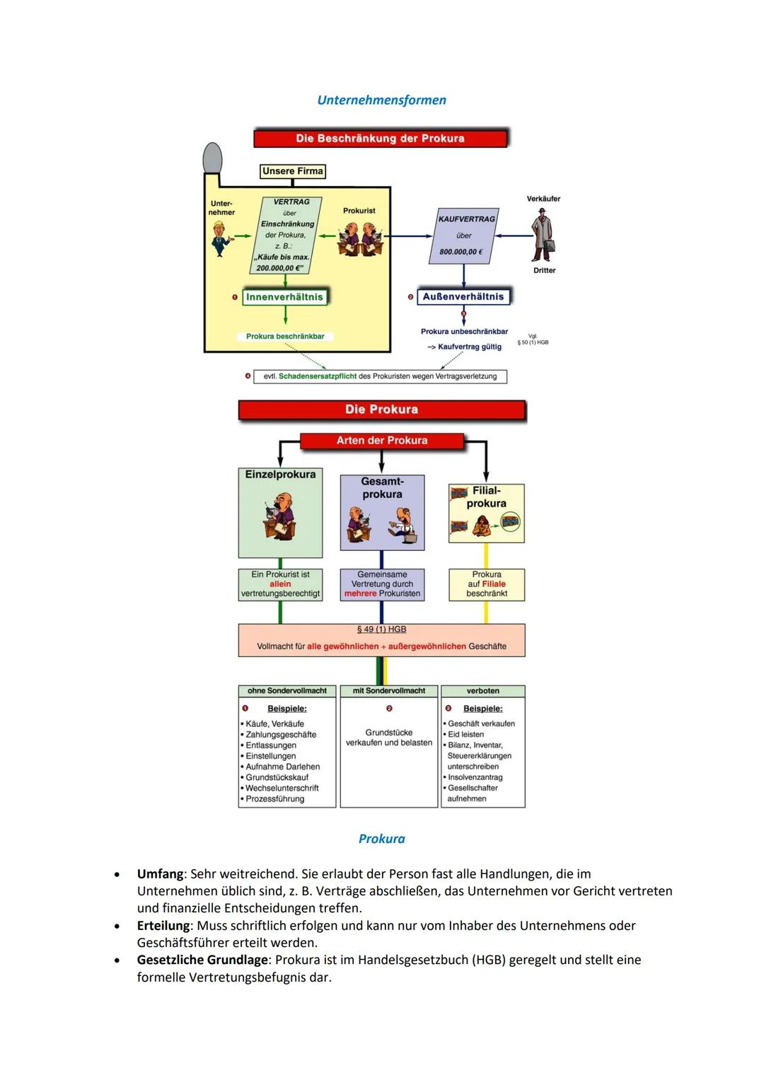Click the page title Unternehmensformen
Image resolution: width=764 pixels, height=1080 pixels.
(381, 100)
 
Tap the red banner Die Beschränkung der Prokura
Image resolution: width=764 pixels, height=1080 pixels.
(380, 138)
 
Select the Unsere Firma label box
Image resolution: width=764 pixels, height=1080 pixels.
(292, 171)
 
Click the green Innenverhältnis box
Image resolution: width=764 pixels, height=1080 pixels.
(284, 297)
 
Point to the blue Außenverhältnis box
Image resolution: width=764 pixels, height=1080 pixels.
(463, 296)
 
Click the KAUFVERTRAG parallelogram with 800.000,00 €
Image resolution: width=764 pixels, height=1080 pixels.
(464, 236)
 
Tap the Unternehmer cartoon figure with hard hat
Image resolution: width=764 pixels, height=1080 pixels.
(221, 238)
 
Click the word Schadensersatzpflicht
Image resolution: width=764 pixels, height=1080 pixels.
(317, 376)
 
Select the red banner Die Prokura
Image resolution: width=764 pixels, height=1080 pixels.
(381, 410)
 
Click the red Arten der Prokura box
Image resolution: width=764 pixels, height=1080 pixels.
(381, 441)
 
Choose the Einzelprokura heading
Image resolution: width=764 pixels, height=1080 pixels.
(280, 475)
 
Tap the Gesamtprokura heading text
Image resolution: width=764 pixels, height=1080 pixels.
(382, 488)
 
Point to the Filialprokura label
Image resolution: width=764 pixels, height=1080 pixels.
(486, 497)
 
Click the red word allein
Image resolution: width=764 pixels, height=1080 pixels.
(280, 584)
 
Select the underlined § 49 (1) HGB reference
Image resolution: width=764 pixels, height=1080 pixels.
(381, 629)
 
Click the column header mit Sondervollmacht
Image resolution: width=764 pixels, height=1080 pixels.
(388, 691)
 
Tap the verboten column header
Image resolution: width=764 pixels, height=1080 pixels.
(482, 691)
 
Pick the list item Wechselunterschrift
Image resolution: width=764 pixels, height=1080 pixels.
(282, 788)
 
